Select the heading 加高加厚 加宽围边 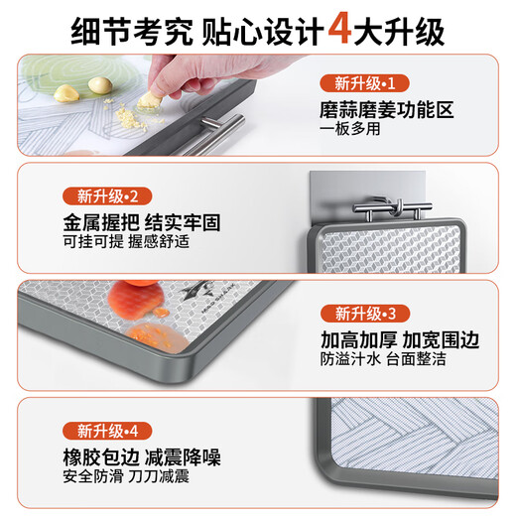[x=400, y=339]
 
